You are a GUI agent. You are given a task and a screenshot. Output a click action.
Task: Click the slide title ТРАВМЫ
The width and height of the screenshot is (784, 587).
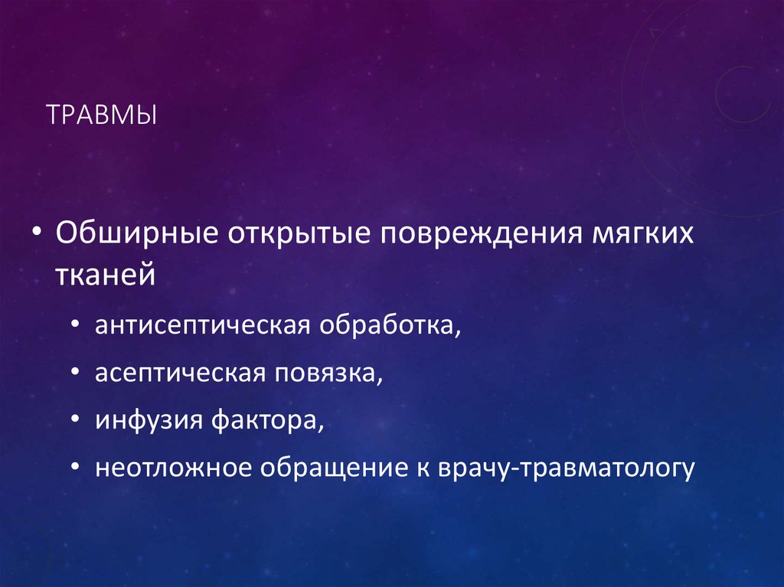click(x=101, y=116)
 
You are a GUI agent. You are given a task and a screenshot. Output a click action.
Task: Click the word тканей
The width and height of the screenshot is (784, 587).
click(x=104, y=273)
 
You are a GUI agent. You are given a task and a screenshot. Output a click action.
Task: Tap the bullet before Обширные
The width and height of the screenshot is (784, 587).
click(x=37, y=233)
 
